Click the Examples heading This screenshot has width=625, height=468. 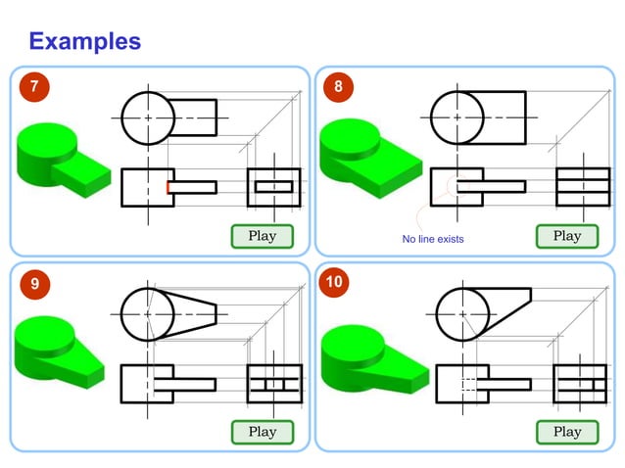pyautogui.click(x=84, y=41)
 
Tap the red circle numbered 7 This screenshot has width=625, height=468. pyautogui.click(x=34, y=87)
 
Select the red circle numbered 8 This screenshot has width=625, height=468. pyautogui.click(x=338, y=87)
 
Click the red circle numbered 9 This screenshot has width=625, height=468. pyautogui.click(x=34, y=284)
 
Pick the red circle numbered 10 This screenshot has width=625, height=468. pyautogui.click(x=336, y=283)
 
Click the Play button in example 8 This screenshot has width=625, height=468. pyautogui.click(x=566, y=236)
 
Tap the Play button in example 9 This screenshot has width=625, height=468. pyautogui.click(x=262, y=432)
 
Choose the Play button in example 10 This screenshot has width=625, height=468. pyautogui.click(x=566, y=432)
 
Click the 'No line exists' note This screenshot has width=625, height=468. pyautogui.click(x=432, y=239)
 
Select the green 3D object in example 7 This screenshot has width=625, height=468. pyautogui.click(x=64, y=160)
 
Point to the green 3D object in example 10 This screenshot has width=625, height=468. pyautogui.click(x=373, y=356)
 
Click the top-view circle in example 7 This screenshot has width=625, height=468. pyautogui.click(x=148, y=117)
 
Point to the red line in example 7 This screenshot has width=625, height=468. pyautogui.click(x=168, y=186)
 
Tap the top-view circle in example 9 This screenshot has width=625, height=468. pyautogui.click(x=148, y=313)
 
